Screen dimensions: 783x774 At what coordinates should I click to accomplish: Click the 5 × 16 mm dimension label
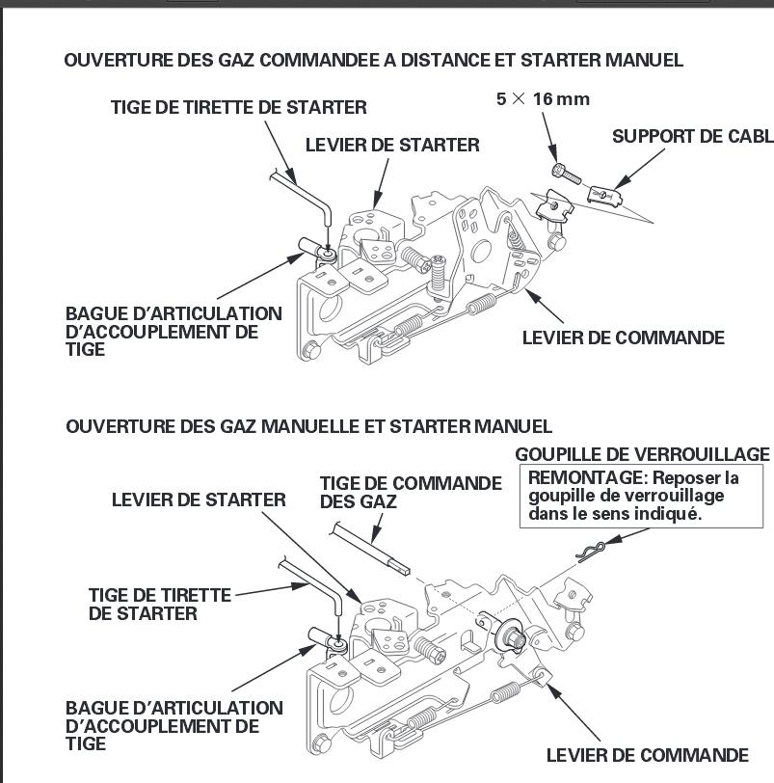543,99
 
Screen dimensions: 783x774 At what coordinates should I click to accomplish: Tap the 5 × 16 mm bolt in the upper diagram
565,173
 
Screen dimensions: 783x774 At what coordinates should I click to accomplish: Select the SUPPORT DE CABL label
692,136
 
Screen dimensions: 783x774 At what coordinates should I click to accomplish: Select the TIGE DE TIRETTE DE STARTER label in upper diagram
238,108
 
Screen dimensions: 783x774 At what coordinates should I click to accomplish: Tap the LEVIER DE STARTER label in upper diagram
391,145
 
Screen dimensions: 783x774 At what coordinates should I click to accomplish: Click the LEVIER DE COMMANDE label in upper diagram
623,337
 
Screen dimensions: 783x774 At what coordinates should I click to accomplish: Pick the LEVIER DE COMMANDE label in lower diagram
647,755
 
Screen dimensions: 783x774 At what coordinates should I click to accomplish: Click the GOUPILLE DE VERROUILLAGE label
642,454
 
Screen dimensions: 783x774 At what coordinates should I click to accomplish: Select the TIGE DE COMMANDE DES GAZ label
411,492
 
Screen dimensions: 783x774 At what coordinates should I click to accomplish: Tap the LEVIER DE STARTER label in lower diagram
199,499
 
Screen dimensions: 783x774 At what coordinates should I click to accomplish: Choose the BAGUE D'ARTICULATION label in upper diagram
173,332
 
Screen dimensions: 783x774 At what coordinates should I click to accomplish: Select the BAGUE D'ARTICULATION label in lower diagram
173,725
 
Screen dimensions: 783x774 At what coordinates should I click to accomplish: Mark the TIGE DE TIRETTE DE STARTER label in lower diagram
160,605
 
